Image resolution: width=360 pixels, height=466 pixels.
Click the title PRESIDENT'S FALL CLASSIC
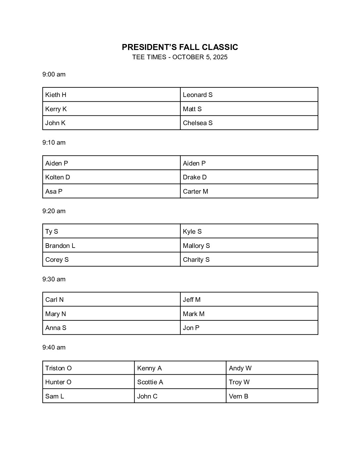pos(180,47)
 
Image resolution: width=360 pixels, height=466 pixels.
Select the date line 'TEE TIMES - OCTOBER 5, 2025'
pos(180,57)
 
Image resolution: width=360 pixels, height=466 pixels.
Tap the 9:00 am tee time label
pos(54,74)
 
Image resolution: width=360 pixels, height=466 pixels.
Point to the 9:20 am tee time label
pos(54,211)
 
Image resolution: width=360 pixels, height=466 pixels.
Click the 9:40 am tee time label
pos(54,348)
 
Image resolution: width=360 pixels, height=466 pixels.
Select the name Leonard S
pos(198,95)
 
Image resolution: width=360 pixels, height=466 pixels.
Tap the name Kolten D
pos(58,177)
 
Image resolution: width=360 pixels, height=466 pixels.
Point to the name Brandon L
pos(60,246)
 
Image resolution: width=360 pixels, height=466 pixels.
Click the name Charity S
pos(196,260)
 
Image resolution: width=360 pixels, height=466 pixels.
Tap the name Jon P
pos(191,328)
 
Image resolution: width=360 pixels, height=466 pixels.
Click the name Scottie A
pos(150,382)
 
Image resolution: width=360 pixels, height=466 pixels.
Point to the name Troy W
pos(239,382)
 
